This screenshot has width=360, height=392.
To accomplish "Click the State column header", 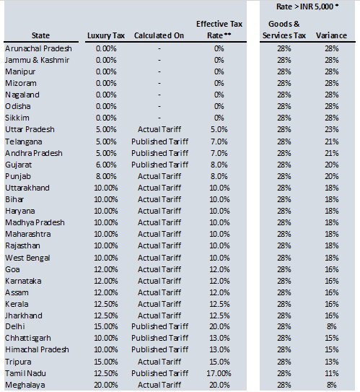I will pos(41,35).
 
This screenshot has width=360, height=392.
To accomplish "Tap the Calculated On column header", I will pos(159,35).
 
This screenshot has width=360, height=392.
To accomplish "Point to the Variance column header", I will pos(331,35).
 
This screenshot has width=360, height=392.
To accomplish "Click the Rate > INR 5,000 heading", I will pos(309,6).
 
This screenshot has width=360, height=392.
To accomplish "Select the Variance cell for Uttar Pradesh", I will pos(331,130).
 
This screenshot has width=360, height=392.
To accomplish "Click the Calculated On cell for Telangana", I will pos(159,141).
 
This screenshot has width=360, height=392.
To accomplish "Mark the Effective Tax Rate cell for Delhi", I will pos(219,326).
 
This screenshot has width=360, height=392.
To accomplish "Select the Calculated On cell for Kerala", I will pos(159,303).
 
